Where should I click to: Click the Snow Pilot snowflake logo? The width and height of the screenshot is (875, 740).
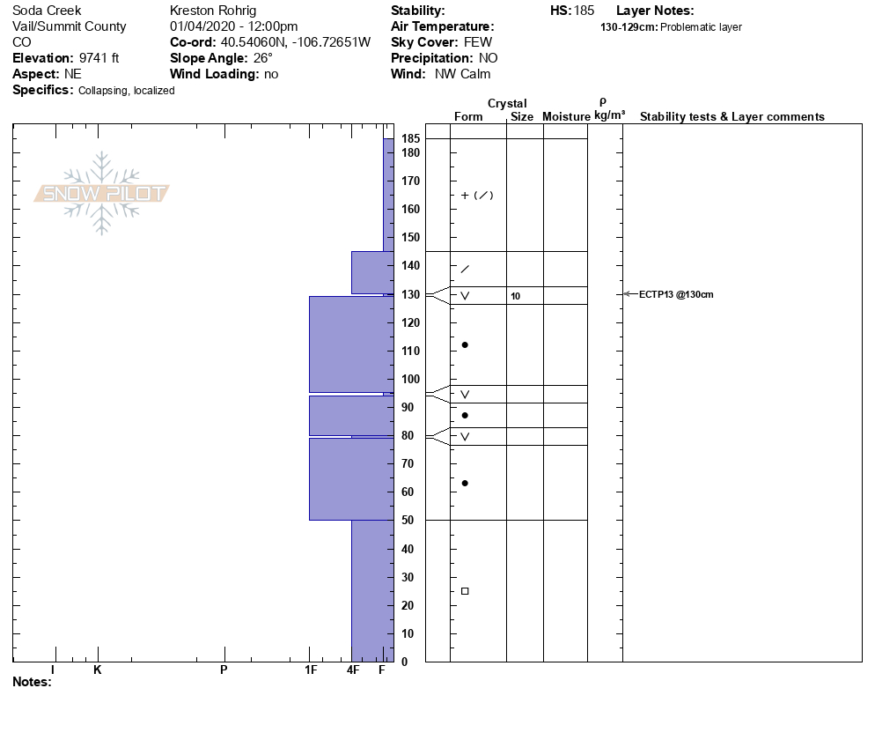102,193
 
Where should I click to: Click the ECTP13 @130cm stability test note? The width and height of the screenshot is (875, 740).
675,294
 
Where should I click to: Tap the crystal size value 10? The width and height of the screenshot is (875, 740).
515,296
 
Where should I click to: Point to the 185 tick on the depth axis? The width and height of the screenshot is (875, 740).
411,138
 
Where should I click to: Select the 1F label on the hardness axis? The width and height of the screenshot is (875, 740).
310,670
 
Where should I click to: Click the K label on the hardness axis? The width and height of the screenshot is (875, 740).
98,670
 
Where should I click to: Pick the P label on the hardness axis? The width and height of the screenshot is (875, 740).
224,670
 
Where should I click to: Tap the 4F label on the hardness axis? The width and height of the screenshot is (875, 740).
352,670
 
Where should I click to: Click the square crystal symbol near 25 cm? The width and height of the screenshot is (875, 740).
465,591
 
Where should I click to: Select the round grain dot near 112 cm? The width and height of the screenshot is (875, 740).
465,344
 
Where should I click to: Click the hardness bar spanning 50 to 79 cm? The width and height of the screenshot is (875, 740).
350,478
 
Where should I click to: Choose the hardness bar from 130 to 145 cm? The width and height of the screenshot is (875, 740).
371,272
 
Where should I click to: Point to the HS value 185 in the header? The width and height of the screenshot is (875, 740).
583,11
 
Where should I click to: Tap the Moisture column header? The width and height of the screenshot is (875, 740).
566,117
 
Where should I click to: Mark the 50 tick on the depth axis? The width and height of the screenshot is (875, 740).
411,520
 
